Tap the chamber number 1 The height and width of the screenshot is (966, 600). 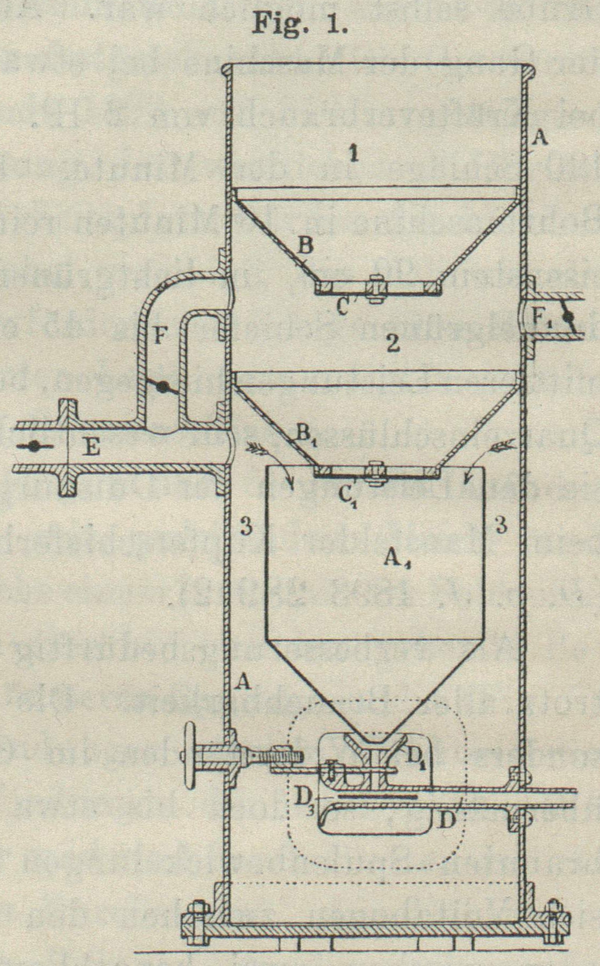click(x=353, y=154)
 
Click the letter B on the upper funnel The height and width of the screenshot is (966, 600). click(x=306, y=247)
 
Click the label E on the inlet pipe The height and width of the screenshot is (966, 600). click(x=92, y=447)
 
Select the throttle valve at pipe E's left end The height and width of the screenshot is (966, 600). click(x=33, y=446)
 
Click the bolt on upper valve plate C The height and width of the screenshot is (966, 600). click(x=375, y=288)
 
